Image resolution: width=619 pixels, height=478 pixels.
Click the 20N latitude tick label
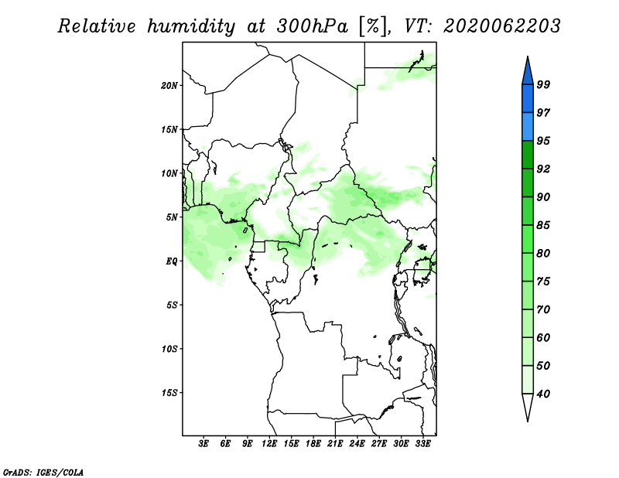tap(169, 86)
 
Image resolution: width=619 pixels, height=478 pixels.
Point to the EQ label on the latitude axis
tap(172, 261)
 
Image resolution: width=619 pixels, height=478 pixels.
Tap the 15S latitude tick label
tap(169, 393)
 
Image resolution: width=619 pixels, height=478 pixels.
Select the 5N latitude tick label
tap(172, 217)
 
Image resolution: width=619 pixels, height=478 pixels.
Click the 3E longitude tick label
tap(203, 444)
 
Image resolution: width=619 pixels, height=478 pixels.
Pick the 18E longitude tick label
tap(313, 444)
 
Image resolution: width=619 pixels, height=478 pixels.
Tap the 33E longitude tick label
tap(422, 444)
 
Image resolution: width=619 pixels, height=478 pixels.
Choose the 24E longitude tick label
tap(357, 444)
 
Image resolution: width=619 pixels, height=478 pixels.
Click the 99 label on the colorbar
tap(543, 84)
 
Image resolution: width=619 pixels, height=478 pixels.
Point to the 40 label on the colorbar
tap(543, 394)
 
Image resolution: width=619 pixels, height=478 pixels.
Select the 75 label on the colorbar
tap(543, 282)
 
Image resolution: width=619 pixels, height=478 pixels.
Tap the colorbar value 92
tap(543, 169)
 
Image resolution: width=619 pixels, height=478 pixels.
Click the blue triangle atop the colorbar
tap(528, 73)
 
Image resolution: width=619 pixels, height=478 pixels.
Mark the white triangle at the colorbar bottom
tap(528, 405)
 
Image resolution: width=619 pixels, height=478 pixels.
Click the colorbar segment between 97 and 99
tap(528, 99)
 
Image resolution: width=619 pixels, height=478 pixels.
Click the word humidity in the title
tap(191, 27)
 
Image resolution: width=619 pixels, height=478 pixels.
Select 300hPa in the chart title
tap(313, 26)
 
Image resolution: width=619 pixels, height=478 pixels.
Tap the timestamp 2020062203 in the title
tap(501, 26)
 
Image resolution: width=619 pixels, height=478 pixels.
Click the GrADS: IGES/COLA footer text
tap(43, 472)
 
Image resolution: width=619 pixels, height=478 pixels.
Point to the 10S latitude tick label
tap(169, 349)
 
